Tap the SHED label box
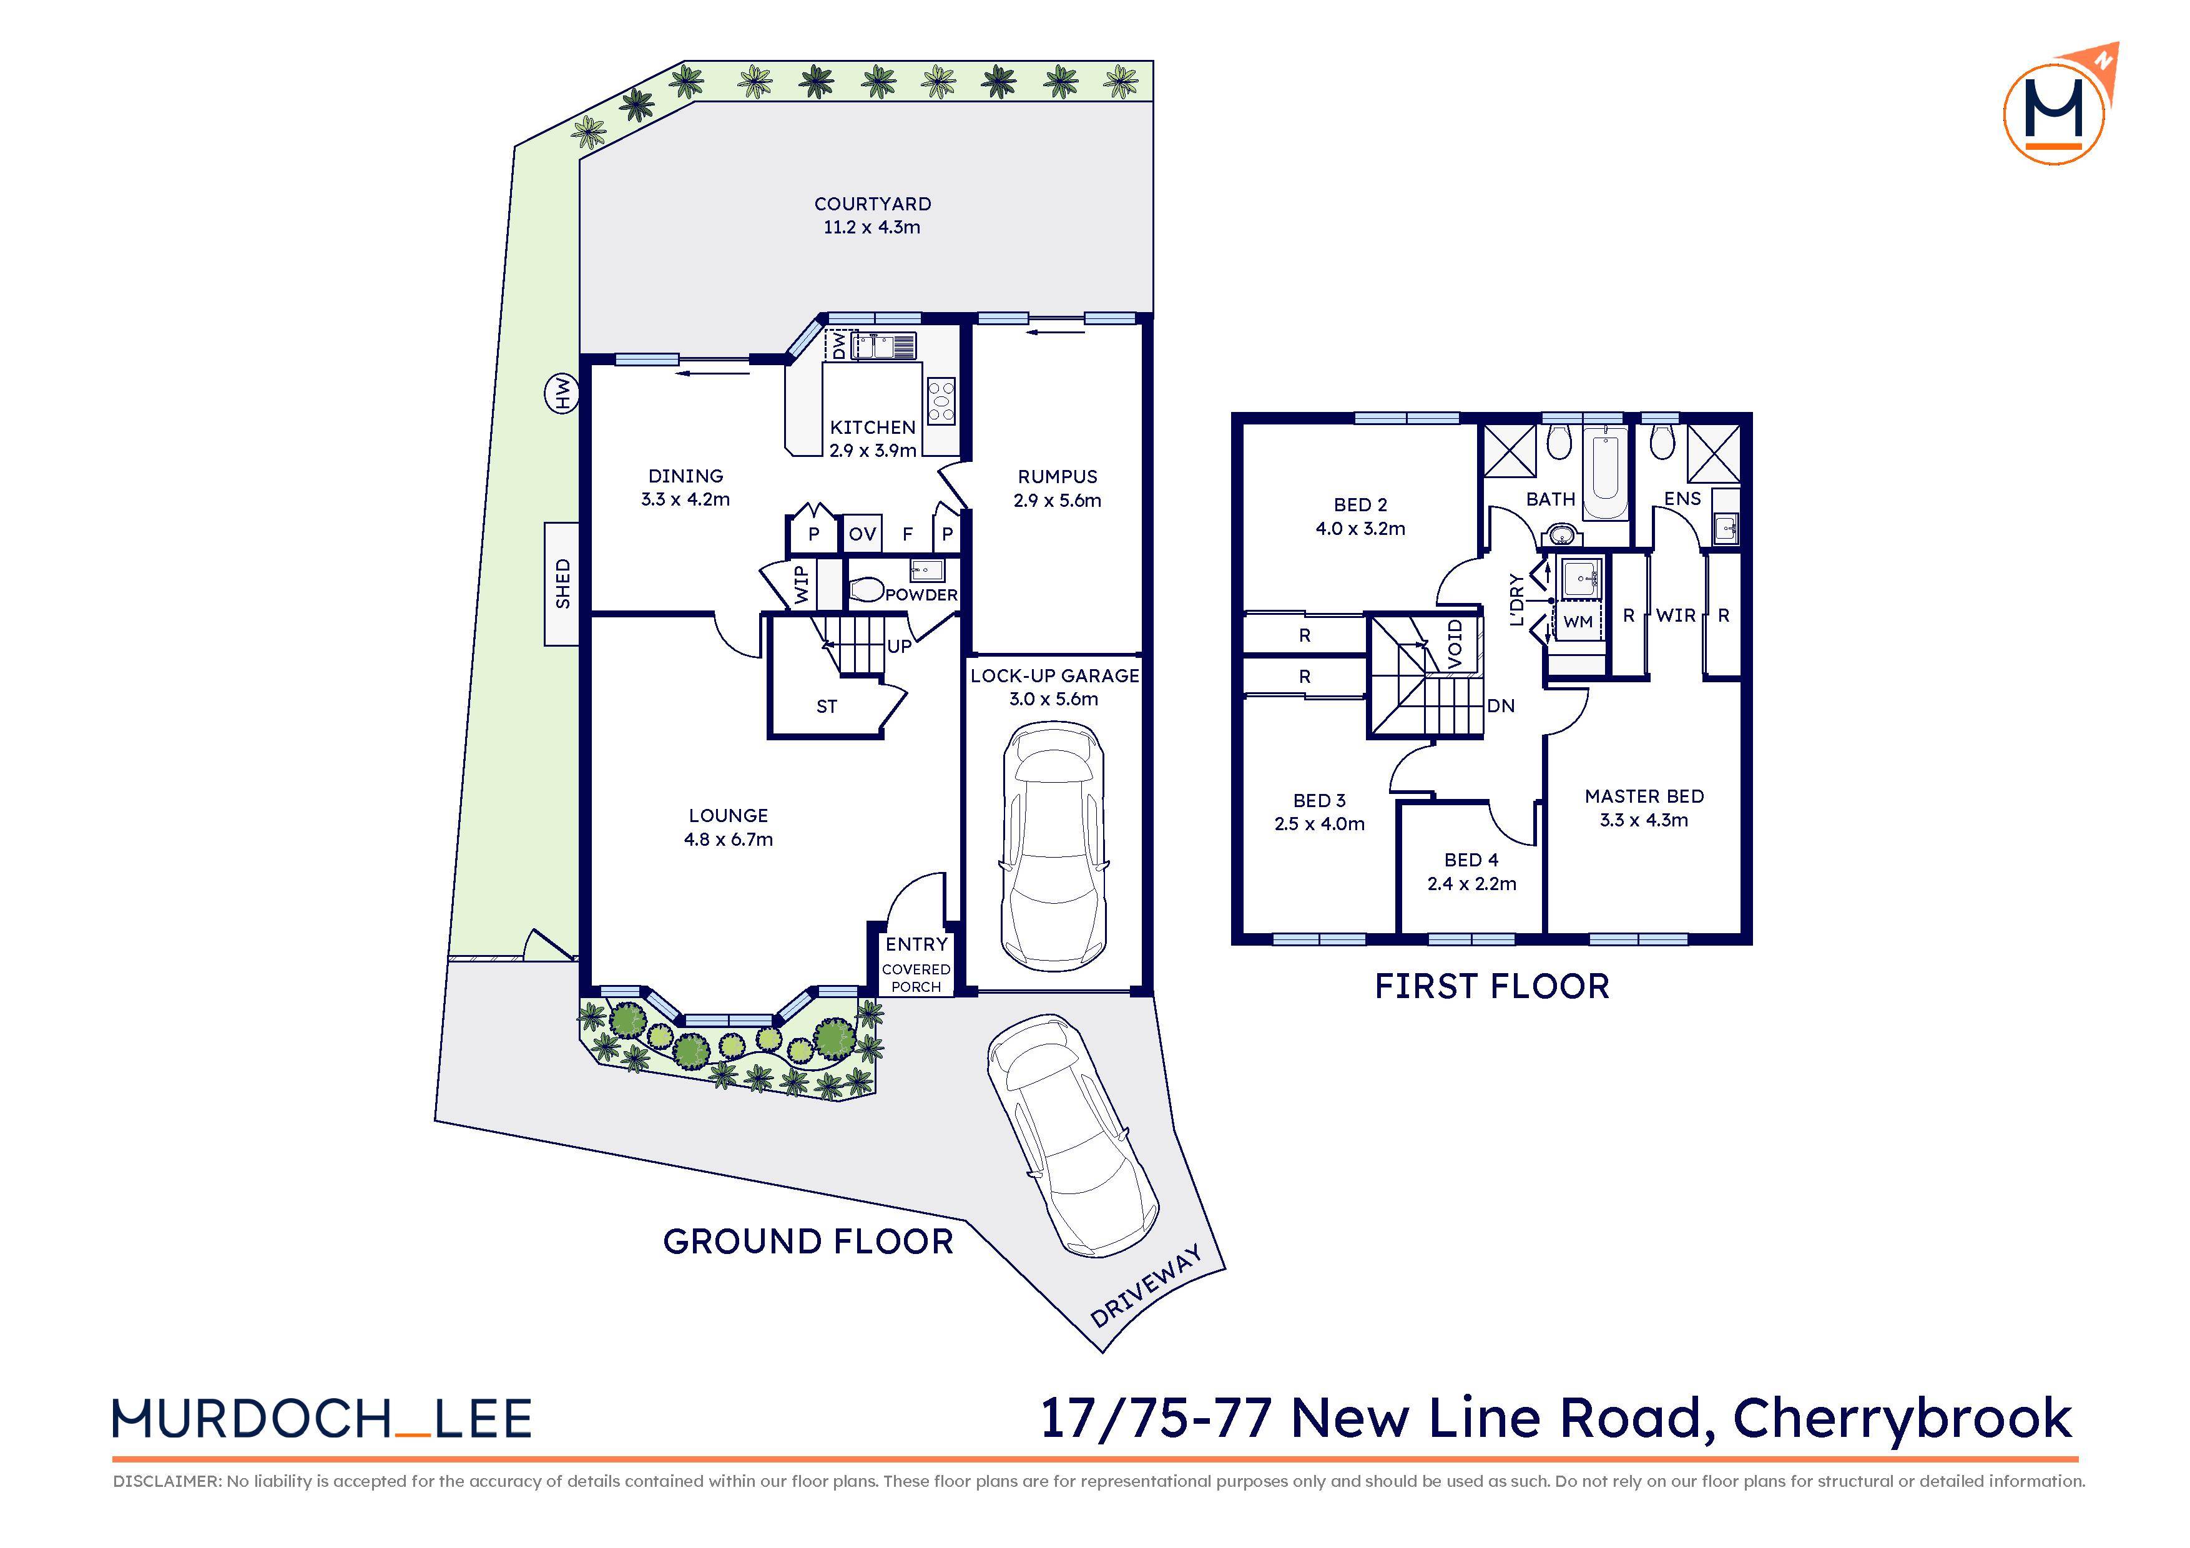[x=562, y=584]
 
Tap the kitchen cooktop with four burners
[x=940, y=401]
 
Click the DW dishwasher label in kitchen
[x=838, y=345]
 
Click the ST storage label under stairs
[x=826, y=707]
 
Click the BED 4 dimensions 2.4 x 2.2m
[x=1471, y=884]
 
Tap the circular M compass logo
[x=2054, y=114]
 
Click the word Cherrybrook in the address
[x=1901, y=1418]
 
